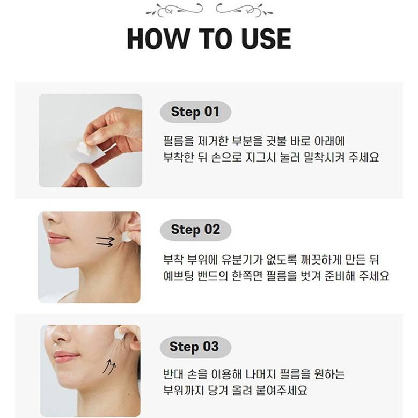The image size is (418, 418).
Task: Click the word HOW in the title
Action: (x=158, y=39)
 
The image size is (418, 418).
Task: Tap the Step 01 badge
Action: (x=195, y=112)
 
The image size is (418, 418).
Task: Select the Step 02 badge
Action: (x=195, y=230)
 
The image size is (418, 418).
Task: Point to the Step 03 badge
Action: (x=195, y=347)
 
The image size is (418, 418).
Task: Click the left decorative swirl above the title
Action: (x=174, y=10)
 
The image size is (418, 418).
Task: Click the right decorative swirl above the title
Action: (x=244, y=10)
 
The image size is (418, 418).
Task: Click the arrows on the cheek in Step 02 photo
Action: (x=105, y=241)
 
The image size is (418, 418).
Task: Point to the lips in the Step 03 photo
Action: (x=65, y=357)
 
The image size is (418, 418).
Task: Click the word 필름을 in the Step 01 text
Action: (x=179, y=141)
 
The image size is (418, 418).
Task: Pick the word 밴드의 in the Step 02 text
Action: (x=212, y=276)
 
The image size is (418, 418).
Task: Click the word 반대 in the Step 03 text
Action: (x=173, y=375)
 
